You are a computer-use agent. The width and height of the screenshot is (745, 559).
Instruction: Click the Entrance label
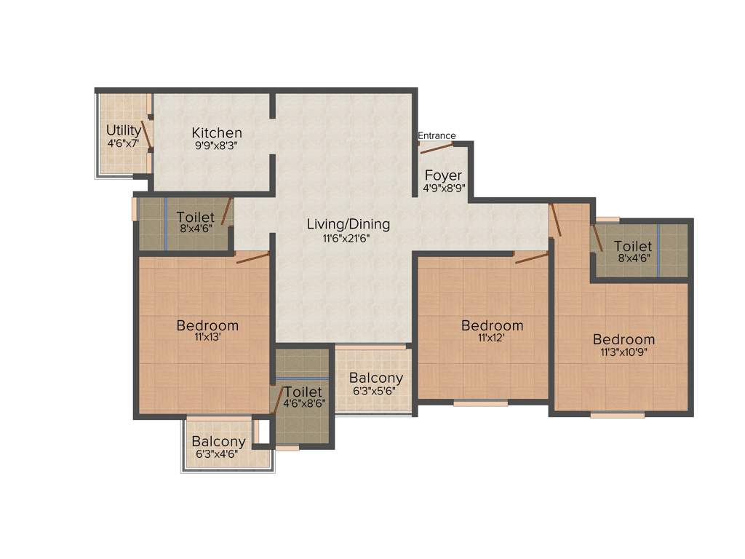point(437,135)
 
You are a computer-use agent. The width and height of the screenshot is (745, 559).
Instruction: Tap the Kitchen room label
point(217,132)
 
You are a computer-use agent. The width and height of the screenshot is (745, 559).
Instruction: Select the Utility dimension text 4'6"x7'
point(123,143)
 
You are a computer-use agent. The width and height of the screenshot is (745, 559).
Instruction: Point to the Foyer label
point(443,175)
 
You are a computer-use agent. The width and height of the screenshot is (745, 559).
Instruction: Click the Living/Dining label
point(348,224)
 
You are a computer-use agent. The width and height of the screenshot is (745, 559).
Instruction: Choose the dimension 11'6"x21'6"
point(348,238)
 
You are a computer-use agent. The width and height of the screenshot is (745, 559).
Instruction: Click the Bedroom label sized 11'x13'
point(207,325)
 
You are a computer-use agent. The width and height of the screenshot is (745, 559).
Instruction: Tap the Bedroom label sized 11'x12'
point(492,325)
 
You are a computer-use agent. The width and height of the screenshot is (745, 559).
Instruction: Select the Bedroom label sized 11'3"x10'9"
point(624,339)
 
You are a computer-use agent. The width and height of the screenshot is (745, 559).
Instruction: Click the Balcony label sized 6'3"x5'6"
point(375,378)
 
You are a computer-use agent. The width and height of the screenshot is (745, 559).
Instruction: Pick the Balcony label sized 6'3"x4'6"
point(218,442)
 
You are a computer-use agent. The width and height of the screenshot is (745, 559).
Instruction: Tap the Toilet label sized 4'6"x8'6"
point(303,392)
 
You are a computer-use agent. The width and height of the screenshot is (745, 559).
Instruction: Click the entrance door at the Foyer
point(437,148)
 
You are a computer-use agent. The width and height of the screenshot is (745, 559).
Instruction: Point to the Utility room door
point(146,135)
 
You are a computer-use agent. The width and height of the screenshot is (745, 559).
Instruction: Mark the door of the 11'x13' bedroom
point(252,257)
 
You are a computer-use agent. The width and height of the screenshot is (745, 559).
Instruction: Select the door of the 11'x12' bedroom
point(530,256)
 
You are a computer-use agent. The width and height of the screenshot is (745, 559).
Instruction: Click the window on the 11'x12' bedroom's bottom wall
point(480,403)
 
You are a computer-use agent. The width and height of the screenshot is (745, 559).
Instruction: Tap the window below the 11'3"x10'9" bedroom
point(617,416)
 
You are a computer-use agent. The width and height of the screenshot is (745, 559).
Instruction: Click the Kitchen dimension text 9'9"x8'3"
point(217,146)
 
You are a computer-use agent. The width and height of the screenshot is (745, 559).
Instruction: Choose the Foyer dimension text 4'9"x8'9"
point(443,189)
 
